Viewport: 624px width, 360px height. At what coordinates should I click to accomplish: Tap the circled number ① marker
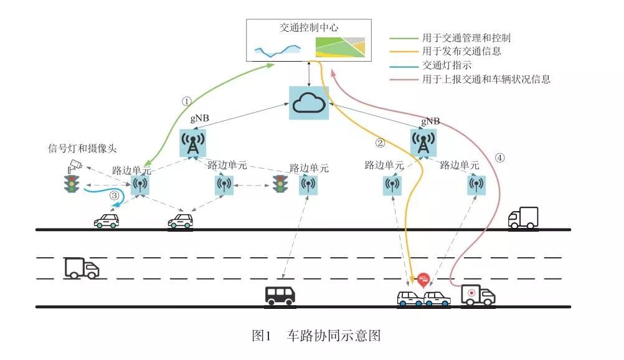click(x=185, y=100)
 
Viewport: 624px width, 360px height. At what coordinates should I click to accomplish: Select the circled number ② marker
click(x=380, y=143)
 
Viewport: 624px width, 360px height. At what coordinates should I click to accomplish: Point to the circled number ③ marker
click(x=114, y=196)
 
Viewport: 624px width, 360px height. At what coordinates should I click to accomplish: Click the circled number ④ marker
click(x=499, y=158)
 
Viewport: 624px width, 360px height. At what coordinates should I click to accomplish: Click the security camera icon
click(x=75, y=164)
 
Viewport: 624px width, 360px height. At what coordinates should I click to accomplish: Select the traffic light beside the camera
click(x=73, y=184)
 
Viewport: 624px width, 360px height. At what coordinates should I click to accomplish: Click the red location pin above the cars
click(x=423, y=279)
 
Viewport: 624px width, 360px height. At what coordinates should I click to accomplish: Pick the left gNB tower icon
click(x=194, y=143)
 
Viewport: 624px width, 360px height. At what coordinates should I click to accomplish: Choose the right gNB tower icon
click(x=423, y=143)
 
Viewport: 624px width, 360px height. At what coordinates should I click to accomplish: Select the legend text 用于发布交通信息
click(x=461, y=51)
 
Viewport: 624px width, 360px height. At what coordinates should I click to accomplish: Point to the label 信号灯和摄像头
click(x=83, y=148)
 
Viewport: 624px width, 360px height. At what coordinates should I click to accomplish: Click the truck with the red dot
click(x=478, y=295)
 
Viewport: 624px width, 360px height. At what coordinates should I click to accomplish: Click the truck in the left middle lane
click(x=82, y=268)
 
